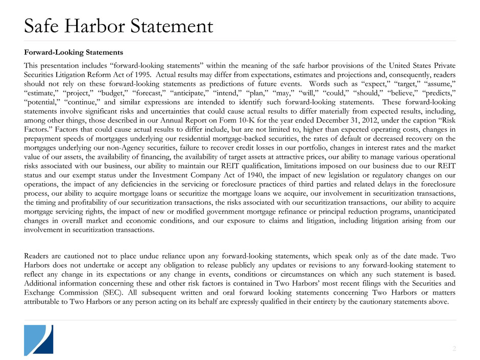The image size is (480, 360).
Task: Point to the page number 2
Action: (x=454, y=348)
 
